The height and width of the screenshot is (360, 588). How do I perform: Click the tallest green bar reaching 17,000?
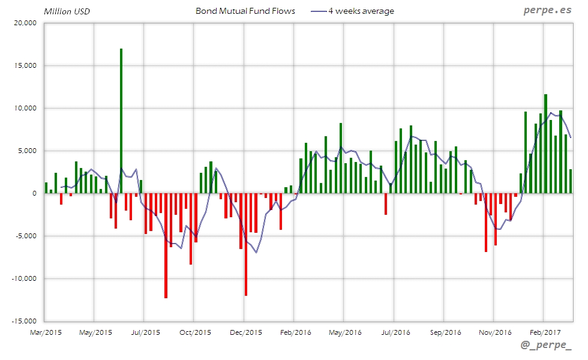tap(121, 120)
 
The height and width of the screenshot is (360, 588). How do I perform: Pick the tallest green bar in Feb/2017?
tap(545, 144)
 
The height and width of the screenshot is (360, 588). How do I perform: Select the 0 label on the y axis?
tap(35, 193)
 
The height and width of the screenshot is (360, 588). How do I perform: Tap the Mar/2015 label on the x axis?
tap(45, 332)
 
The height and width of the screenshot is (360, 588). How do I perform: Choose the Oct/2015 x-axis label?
tap(194, 332)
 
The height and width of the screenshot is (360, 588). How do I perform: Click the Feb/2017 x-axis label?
tap(544, 332)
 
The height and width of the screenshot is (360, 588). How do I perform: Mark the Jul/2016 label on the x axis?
tap(394, 332)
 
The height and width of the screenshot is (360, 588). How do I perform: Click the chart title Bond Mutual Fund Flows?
tap(245, 11)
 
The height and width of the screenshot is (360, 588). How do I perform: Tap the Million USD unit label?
tap(67, 11)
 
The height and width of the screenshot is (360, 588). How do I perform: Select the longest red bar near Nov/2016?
tap(486, 222)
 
